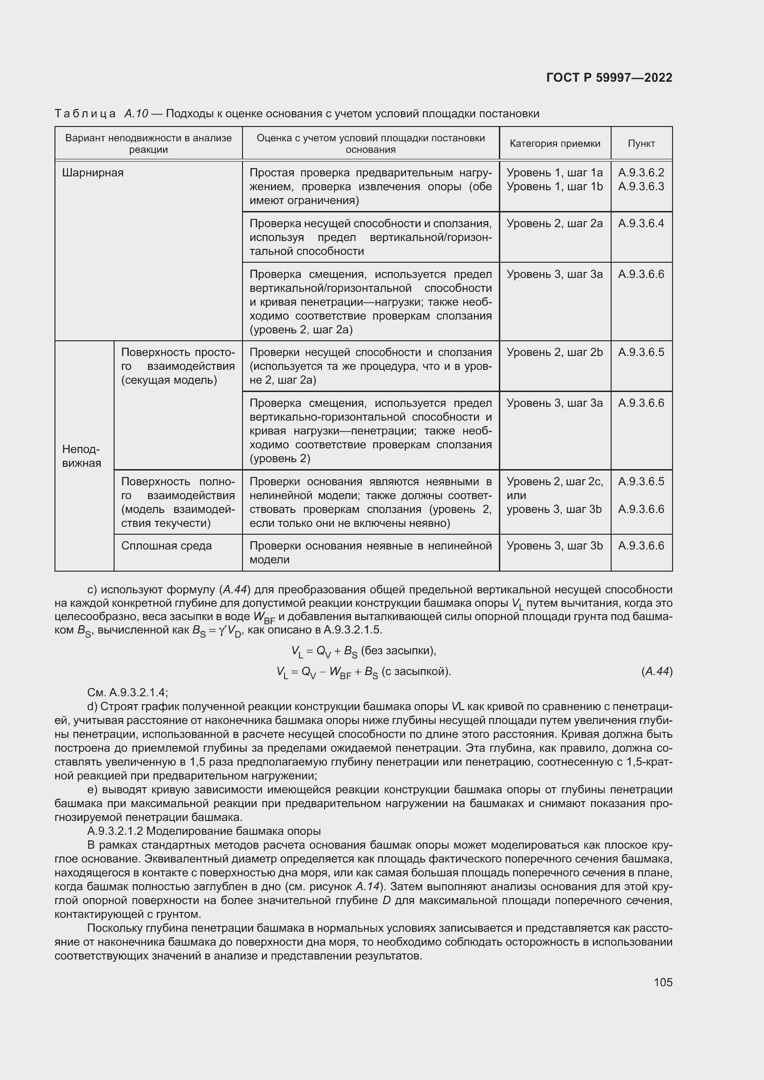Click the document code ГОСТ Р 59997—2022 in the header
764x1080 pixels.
click(609, 78)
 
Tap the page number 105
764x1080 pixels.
click(663, 982)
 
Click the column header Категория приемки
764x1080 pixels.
click(555, 144)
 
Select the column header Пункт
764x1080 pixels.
click(641, 144)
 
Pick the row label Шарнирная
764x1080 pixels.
click(93, 173)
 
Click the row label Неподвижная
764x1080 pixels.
click(81, 456)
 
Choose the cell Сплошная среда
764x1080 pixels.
click(167, 546)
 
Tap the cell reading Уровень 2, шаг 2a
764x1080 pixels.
click(554, 223)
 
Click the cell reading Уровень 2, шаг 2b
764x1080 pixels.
click(554, 352)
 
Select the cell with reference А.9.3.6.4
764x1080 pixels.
click(641, 223)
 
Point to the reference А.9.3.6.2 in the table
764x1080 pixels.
click(641, 173)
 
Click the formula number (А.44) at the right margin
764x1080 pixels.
click(657, 671)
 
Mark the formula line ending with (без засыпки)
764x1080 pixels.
click(364, 651)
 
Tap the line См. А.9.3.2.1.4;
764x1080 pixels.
click(127, 693)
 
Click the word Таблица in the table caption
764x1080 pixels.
click(85, 114)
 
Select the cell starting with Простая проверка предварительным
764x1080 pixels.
click(370, 186)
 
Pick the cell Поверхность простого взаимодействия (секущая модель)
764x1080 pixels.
click(178, 367)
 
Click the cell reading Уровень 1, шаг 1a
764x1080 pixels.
click(554, 173)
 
